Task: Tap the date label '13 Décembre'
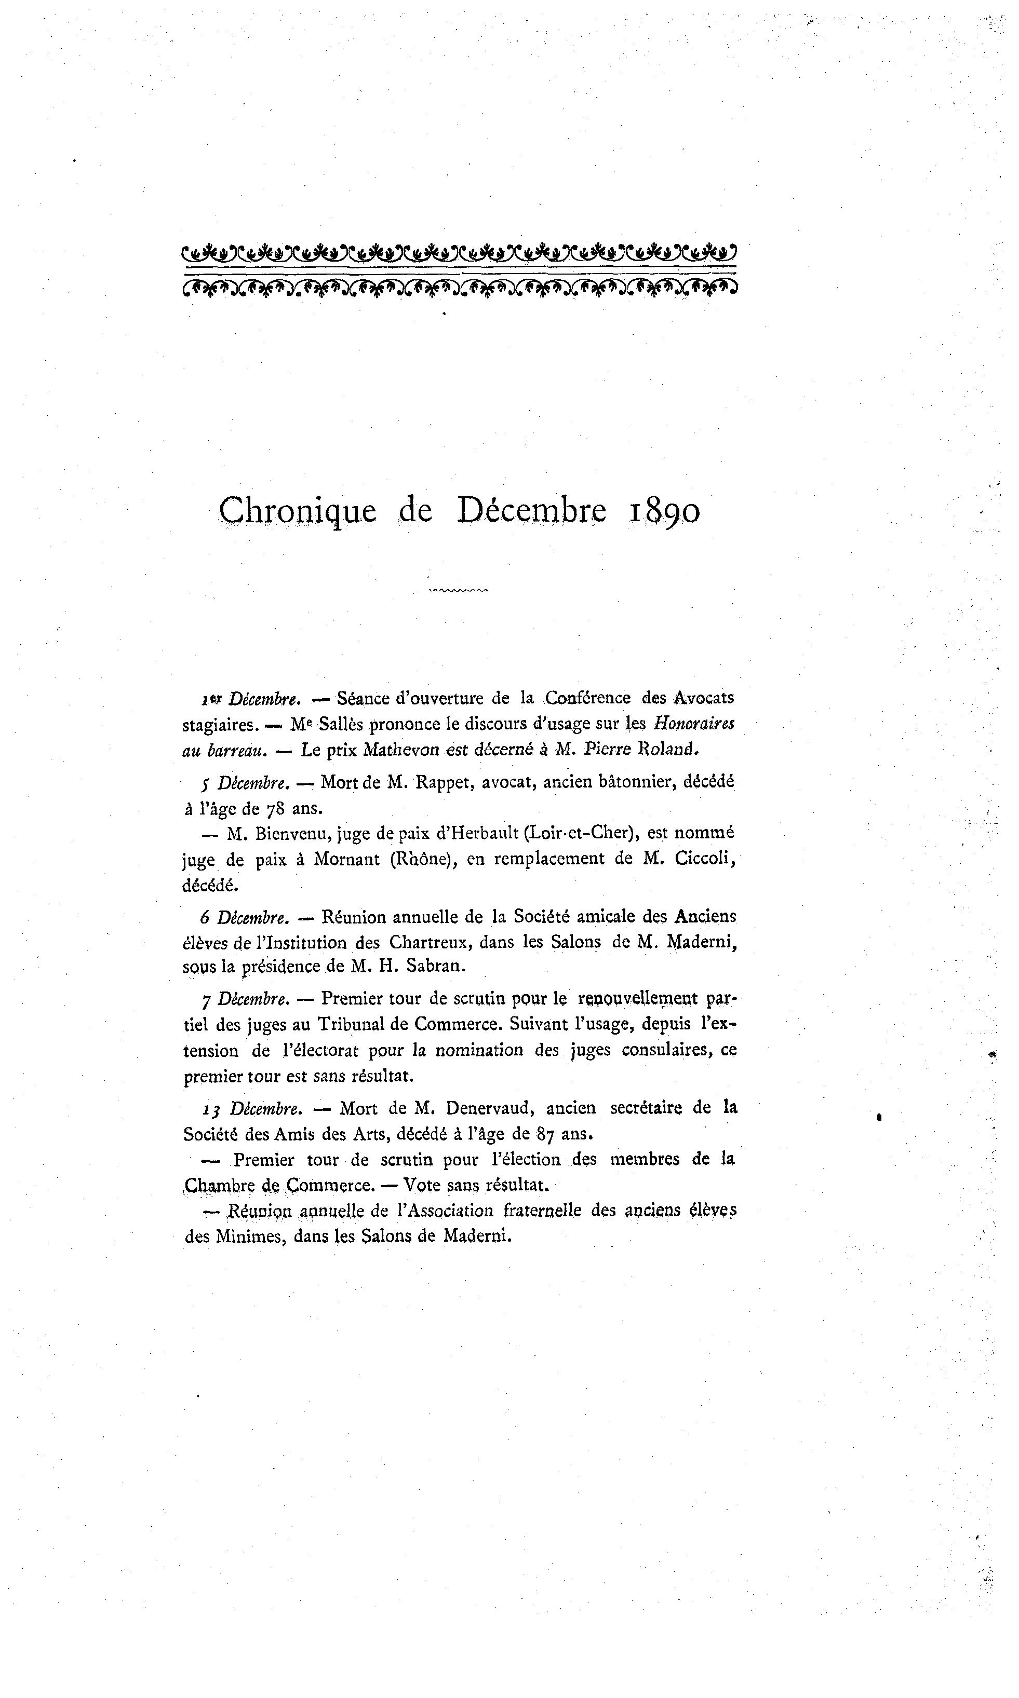click(x=251, y=1108)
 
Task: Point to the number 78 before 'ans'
click(x=275, y=808)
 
